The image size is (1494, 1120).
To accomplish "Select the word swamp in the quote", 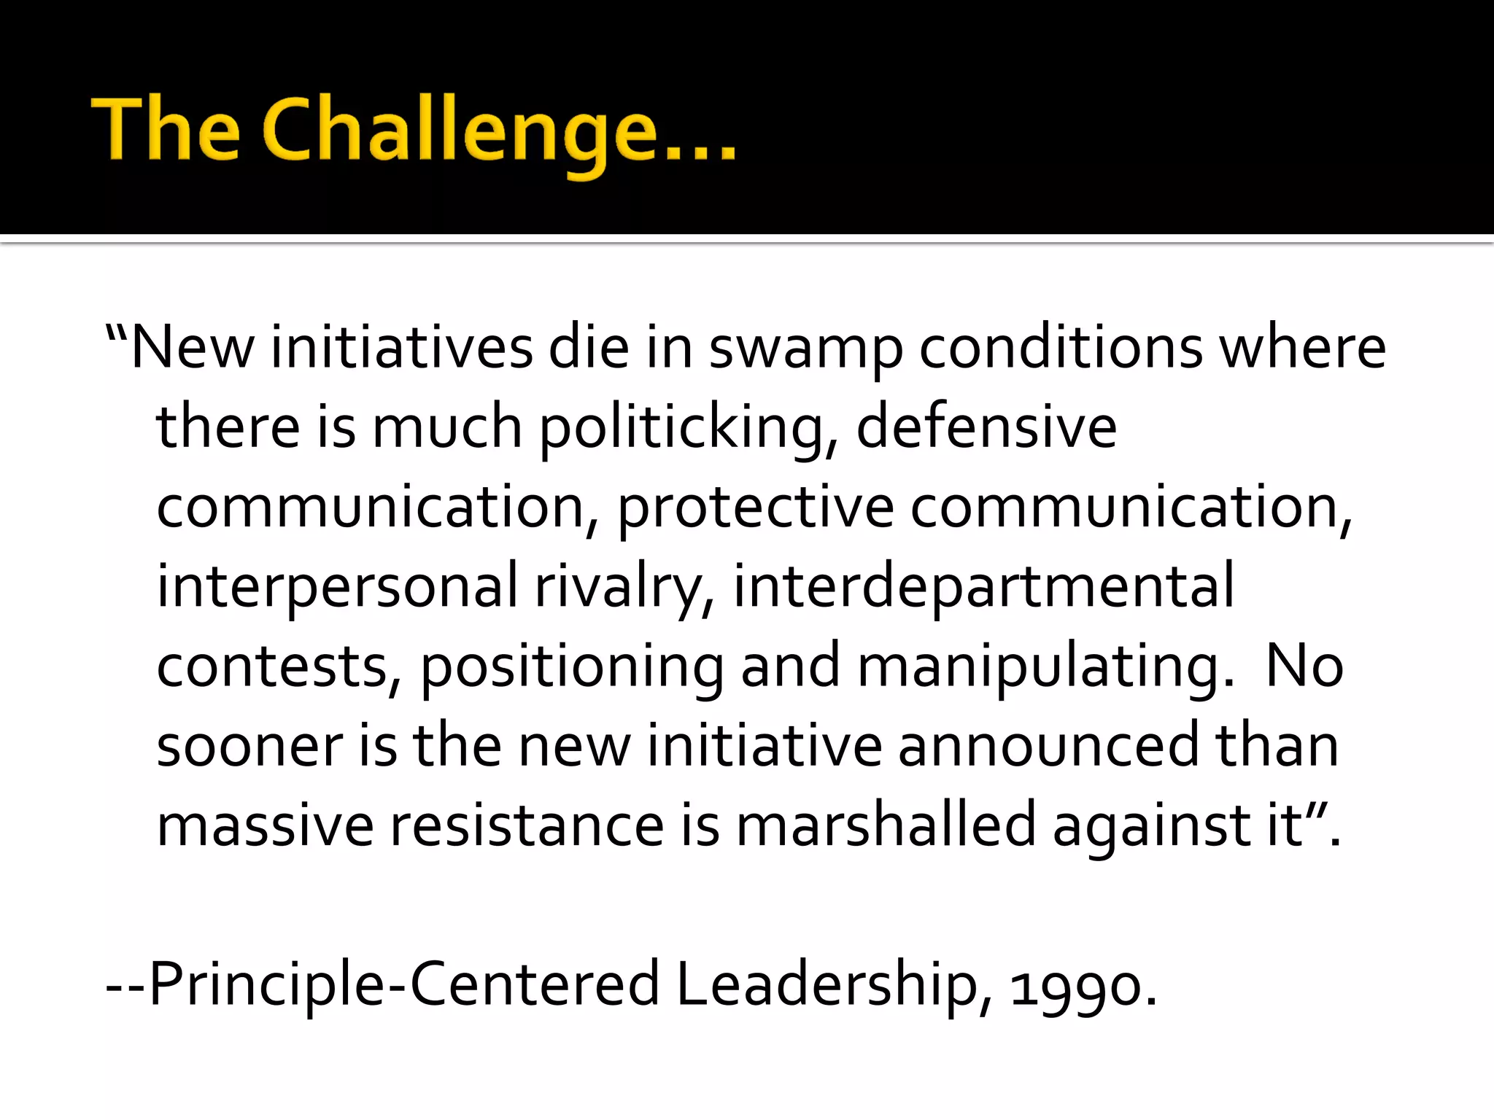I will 805,349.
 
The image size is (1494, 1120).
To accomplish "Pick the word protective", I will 756,508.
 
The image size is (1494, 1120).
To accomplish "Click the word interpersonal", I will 337,587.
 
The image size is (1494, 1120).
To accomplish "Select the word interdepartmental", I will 984,587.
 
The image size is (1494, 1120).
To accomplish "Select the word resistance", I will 527,825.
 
